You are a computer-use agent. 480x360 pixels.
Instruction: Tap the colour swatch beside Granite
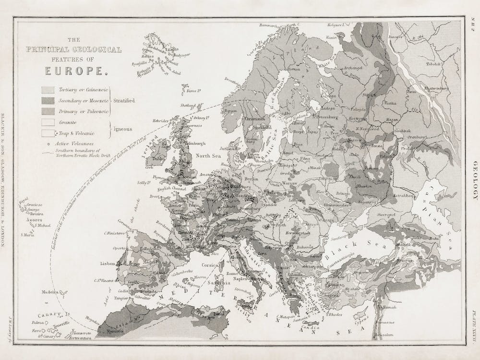click(x=48, y=123)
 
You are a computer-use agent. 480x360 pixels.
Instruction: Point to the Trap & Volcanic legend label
click(x=76, y=133)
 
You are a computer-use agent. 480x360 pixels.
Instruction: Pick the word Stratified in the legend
click(x=124, y=101)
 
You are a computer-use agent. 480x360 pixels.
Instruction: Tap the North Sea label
click(x=208, y=156)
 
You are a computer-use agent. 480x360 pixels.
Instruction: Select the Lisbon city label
click(x=108, y=264)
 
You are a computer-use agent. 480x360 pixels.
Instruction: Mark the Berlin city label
click(x=252, y=178)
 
